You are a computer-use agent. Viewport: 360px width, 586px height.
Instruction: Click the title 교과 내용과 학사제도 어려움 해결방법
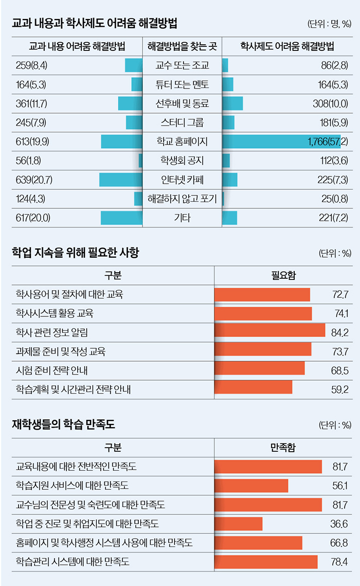tap(95, 23)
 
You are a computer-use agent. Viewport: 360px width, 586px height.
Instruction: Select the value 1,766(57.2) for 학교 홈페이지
tap(328, 141)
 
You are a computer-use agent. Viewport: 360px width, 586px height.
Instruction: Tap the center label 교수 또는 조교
tap(182, 65)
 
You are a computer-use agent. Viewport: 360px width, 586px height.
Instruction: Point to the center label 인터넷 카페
tap(182, 180)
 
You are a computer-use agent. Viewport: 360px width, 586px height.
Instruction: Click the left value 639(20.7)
tap(34, 180)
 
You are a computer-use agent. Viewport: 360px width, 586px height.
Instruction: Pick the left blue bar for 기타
tap(121, 218)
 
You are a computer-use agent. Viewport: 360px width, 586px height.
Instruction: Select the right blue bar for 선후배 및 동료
tap(232, 103)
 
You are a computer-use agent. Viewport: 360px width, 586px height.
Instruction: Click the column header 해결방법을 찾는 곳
tap(182, 46)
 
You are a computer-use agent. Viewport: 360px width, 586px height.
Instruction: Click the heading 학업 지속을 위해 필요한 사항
tap(75, 253)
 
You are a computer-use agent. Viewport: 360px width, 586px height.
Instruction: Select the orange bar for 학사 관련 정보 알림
tap(269, 332)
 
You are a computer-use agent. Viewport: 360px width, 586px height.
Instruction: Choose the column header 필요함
tap(283, 275)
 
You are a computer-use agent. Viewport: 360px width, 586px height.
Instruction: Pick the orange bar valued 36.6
tap(238, 524)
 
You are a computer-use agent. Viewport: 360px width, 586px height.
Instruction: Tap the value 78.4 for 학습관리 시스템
tap(339, 561)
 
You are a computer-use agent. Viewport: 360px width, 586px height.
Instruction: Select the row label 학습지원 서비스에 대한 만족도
tap(72, 485)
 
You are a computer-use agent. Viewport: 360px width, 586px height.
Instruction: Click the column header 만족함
tap(283, 448)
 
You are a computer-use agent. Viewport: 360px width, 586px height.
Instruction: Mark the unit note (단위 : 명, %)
tap(329, 24)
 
